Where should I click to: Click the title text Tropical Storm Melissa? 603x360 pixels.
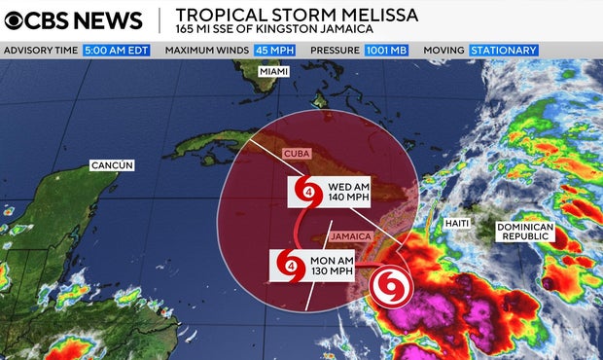298,15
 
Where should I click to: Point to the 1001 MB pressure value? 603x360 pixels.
387,50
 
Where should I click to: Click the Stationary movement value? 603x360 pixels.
503,50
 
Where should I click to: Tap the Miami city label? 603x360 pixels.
274,73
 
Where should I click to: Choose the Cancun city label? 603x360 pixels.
111,165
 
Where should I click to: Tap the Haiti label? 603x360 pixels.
457,224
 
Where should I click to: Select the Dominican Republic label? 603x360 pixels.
524,232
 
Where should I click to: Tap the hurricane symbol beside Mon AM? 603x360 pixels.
289,265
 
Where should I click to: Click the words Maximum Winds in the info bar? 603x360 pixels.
210,50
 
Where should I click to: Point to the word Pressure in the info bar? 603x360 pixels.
333,50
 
